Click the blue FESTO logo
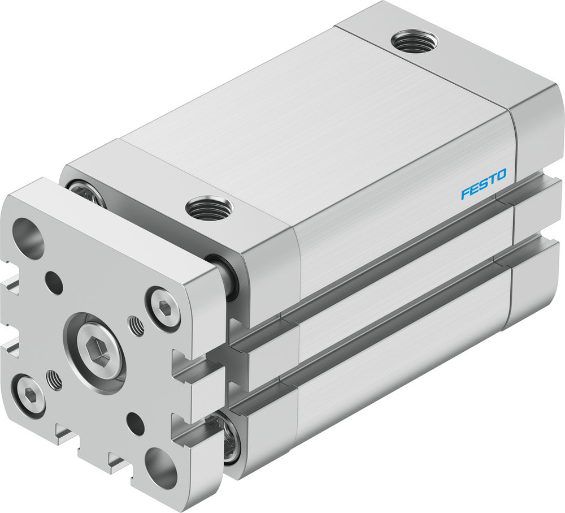click(x=484, y=185)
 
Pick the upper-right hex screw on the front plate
click(x=163, y=308)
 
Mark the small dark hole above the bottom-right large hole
click(x=134, y=421)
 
